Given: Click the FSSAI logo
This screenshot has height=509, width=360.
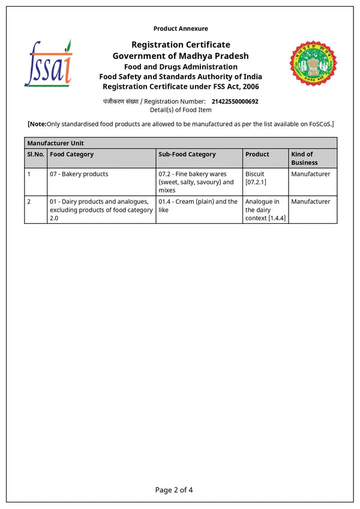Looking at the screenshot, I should tap(48, 63).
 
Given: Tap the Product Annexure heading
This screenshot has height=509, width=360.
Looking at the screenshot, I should tap(181, 28).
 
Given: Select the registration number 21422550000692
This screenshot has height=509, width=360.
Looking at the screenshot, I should tap(235, 101).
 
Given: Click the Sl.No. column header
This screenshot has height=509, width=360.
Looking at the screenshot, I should tap(35, 154).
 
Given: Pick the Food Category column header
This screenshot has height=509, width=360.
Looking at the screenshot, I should tap(72, 154).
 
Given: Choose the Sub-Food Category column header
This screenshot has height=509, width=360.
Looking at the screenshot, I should tap(187, 154).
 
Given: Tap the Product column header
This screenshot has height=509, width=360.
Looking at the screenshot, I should tap(257, 154).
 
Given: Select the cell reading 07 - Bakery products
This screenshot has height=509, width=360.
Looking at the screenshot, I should tap(79, 174).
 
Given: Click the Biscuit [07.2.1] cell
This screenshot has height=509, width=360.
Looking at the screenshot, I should tap(256, 178).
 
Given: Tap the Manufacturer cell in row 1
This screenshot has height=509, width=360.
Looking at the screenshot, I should tap(311, 174).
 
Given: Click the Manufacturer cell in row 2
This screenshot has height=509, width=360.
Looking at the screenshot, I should tap(311, 202).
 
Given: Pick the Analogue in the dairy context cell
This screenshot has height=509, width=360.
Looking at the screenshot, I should tap(265, 210).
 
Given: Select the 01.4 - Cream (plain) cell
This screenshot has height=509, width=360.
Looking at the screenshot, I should tap(198, 206).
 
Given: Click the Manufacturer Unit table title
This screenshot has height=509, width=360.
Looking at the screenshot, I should tap(56, 143).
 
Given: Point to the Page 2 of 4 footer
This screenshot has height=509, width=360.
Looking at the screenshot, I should tap(174, 490).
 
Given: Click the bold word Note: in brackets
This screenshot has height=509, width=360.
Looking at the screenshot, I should tap(38, 124).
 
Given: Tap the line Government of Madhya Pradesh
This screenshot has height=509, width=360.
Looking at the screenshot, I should tap(181, 56).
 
